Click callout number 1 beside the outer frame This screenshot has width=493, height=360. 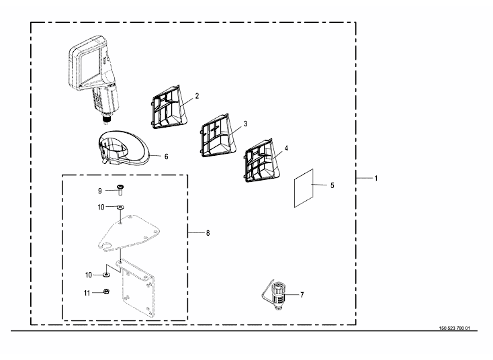[x=375, y=178]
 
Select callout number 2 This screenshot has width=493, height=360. [x=197, y=96]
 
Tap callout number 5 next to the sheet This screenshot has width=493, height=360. [x=332, y=185]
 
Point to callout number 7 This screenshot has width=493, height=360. [x=302, y=295]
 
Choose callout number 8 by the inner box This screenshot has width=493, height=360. [x=208, y=233]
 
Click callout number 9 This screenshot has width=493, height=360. [x=100, y=191]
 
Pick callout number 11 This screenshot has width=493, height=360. [x=87, y=293]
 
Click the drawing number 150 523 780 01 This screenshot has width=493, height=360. [x=454, y=328]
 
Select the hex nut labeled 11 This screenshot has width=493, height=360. [x=106, y=291]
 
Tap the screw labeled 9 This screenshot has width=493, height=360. [x=120, y=190]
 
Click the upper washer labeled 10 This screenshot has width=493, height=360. [x=120, y=207]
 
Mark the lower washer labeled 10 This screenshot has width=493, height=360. [x=106, y=275]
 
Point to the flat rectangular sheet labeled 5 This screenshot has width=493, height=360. [x=304, y=188]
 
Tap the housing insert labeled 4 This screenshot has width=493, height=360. [x=262, y=161]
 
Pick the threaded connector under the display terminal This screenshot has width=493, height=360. [x=107, y=119]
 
